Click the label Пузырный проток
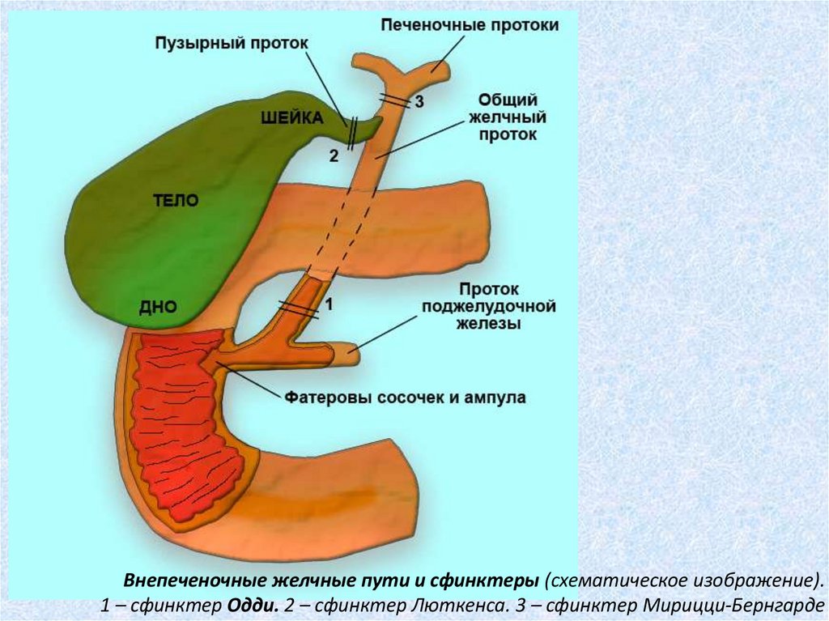pyautogui.click(x=232, y=43)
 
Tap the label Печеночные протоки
pyautogui.click(x=470, y=25)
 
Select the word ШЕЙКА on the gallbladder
pyautogui.click(x=292, y=118)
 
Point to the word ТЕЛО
pyautogui.click(x=176, y=201)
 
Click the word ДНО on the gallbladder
pyautogui.click(x=157, y=307)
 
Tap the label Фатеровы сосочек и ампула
pyautogui.click(x=405, y=398)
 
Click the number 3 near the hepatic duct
pyautogui.click(x=419, y=101)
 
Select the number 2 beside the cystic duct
pyautogui.click(x=334, y=155)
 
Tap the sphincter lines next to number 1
pyautogui.click(x=299, y=308)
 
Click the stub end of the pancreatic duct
pyautogui.click(x=351, y=352)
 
